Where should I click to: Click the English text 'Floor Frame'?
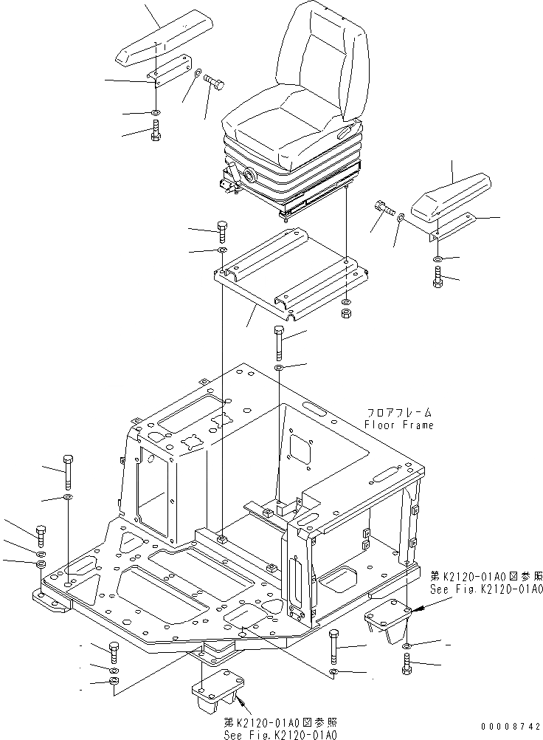[399, 425]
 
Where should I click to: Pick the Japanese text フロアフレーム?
[399, 413]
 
